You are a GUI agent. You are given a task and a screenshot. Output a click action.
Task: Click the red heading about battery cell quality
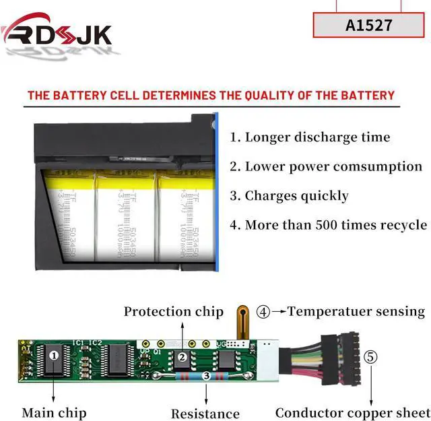pos(211,95)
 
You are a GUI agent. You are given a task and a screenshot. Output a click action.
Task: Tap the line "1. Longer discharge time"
pos(310,137)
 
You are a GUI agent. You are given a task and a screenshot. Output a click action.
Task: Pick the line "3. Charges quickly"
pos(290,196)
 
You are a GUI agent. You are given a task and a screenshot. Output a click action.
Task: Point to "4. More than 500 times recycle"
pos(329,225)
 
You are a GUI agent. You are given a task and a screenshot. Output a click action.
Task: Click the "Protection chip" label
pos(173,311)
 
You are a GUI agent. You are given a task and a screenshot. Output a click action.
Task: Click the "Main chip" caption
pos(54,412)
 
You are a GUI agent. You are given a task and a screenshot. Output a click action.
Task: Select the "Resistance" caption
pos(205,413)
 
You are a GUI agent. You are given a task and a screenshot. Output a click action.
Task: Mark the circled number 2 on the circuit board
pos(182,358)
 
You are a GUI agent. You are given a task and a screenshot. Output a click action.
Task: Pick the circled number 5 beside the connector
pos(371,356)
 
